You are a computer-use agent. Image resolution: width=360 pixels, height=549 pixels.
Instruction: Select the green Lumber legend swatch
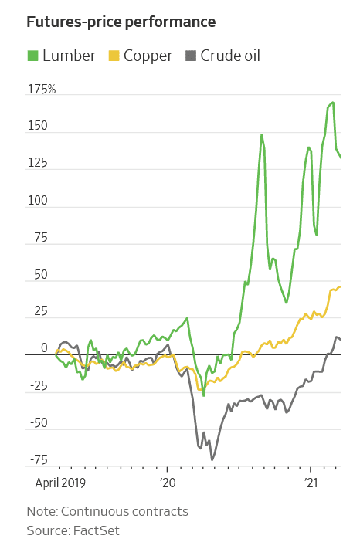(32, 56)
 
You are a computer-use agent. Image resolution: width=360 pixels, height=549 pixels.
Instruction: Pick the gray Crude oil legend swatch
(189, 56)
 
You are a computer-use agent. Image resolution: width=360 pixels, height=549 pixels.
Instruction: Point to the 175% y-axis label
(42, 90)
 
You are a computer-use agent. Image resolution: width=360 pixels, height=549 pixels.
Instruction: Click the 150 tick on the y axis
(37, 127)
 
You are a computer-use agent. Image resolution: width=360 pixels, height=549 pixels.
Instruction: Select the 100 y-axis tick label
(37, 201)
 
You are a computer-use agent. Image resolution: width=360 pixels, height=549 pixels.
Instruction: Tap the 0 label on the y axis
(44, 349)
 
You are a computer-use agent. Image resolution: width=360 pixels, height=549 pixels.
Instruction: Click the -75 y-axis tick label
(37, 460)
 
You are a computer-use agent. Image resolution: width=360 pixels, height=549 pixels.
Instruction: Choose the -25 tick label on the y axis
(37, 386)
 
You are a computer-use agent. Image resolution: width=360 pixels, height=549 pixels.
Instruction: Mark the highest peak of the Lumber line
(333, 103)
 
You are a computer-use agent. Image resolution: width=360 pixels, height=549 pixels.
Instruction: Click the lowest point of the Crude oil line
(212, 459)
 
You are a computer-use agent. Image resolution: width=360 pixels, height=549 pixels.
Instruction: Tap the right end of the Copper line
(341, 287)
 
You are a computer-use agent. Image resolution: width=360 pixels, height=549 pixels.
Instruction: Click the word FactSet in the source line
(96, 530)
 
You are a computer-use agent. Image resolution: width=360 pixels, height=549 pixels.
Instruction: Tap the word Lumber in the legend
(70, 56)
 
